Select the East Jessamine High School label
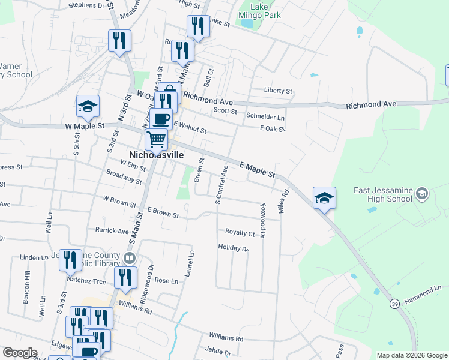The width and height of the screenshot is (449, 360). click(x=383, y=194)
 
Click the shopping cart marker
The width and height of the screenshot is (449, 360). click(x=157, y=140)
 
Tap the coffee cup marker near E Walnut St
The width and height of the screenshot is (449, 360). click(x=161, y=119)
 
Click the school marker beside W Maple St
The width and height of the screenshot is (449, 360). click(x=88, y=107)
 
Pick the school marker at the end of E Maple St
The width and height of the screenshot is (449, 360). click(x=324, y=198)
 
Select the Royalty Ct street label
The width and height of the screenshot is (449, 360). click(x=240, y=232)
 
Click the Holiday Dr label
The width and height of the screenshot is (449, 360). click(x=233, y=247)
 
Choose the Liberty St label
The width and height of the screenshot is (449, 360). click(x=278, y=91)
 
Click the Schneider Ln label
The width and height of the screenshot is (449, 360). click(x=265, y=116)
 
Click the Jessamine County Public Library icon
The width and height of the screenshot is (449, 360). click(x=129, y=259)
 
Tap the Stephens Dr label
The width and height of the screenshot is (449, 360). click(x=86, y=5)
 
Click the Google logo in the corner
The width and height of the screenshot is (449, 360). click(x=19, y=353)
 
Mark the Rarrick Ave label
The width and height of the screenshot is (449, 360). click(x=112, y=230)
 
